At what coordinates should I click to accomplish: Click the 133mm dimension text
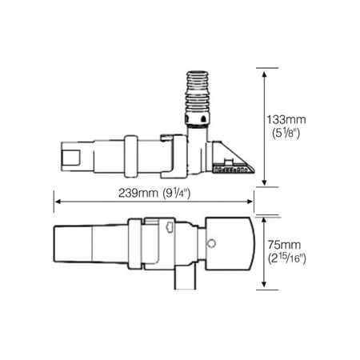click(x=287, y=119)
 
